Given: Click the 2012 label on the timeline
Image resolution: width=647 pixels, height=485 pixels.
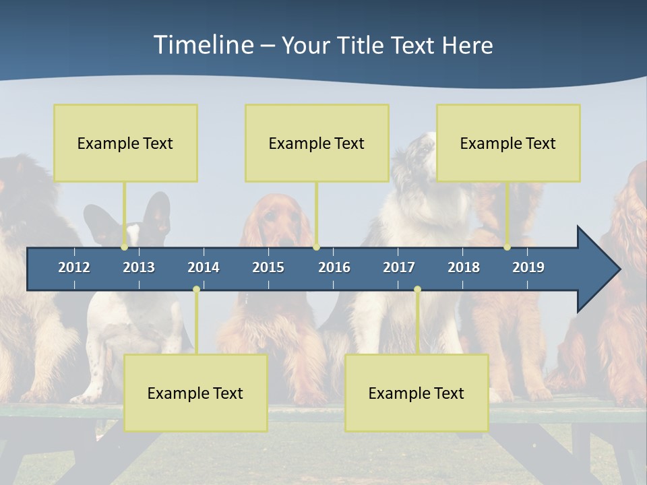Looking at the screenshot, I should click(74, 267).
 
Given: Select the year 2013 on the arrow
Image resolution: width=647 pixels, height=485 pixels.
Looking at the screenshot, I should click(139, 267).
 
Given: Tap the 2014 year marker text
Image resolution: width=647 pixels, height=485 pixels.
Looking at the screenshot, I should click(204, 267).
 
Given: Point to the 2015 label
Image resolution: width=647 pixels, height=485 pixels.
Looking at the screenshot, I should click(268, 267).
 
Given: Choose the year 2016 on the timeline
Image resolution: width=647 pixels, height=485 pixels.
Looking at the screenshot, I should click(334, 267).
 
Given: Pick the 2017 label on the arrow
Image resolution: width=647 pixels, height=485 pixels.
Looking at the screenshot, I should click(399, 267).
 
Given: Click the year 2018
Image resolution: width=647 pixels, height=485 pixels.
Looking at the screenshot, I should click(464, 267).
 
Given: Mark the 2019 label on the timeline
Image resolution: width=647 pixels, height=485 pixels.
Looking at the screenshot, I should click(528, 267).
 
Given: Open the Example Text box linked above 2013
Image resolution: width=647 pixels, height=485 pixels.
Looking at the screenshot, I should click(125, 143).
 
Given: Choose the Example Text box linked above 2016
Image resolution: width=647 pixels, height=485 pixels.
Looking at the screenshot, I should click(317, 143).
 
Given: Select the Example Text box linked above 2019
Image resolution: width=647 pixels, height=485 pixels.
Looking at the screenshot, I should click(508, 143).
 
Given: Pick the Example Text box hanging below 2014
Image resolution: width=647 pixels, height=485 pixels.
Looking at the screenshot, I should click(195, 393).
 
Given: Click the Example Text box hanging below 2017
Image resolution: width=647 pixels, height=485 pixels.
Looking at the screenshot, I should click(417, 393).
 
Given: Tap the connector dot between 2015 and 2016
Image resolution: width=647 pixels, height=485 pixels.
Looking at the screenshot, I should click(317, 247).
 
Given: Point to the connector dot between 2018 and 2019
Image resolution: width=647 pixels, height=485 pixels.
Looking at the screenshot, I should click(507, 247).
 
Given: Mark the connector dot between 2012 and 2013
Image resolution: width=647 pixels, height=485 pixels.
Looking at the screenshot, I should click(125, 247).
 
